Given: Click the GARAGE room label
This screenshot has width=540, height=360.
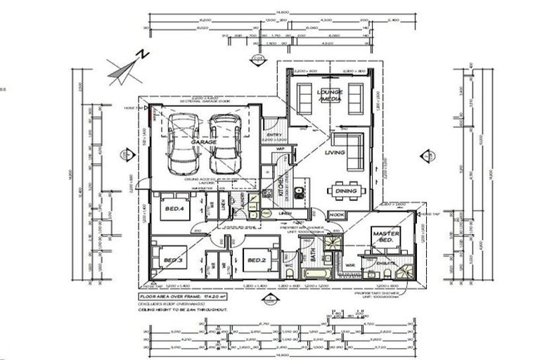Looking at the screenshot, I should click(x=204, y=141).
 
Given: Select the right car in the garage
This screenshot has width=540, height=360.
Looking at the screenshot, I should click(x=225, y=145).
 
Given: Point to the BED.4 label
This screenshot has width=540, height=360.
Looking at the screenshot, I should click(x=174, y=209).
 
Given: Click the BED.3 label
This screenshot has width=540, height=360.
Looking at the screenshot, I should click(x=173, y=261).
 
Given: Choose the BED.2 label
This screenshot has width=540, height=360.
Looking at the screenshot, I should click(x=256, y=261).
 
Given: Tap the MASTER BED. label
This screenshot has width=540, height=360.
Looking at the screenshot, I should click(x=386, y=238).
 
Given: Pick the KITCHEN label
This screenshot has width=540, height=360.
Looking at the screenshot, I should click(x=279, y=186).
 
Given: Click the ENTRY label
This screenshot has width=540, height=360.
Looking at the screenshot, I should click(x=273, y=136).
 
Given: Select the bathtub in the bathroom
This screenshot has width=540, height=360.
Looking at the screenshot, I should click(x=314, y=274).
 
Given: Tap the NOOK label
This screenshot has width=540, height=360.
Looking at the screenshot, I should click(x=337, y=214).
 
